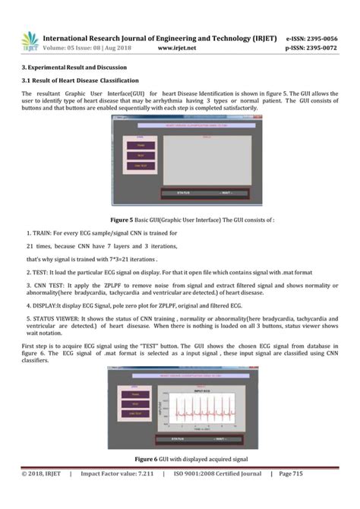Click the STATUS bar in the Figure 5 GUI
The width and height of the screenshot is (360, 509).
coord(178,194)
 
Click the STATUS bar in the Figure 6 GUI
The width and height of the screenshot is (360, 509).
coord(178,438)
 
